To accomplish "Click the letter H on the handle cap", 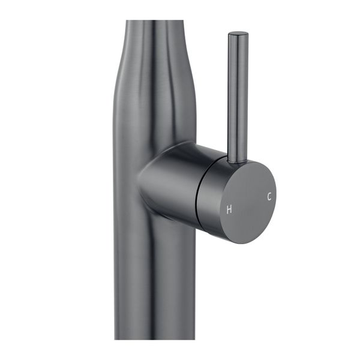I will (229, 209).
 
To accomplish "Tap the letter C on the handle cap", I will (269, 196).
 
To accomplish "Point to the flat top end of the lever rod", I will (238, 34).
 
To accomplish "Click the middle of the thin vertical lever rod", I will (238, 96).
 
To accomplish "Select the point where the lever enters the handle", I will (237, 160).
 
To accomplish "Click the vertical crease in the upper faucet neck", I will (157, 66).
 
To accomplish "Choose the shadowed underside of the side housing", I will (168, 213).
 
